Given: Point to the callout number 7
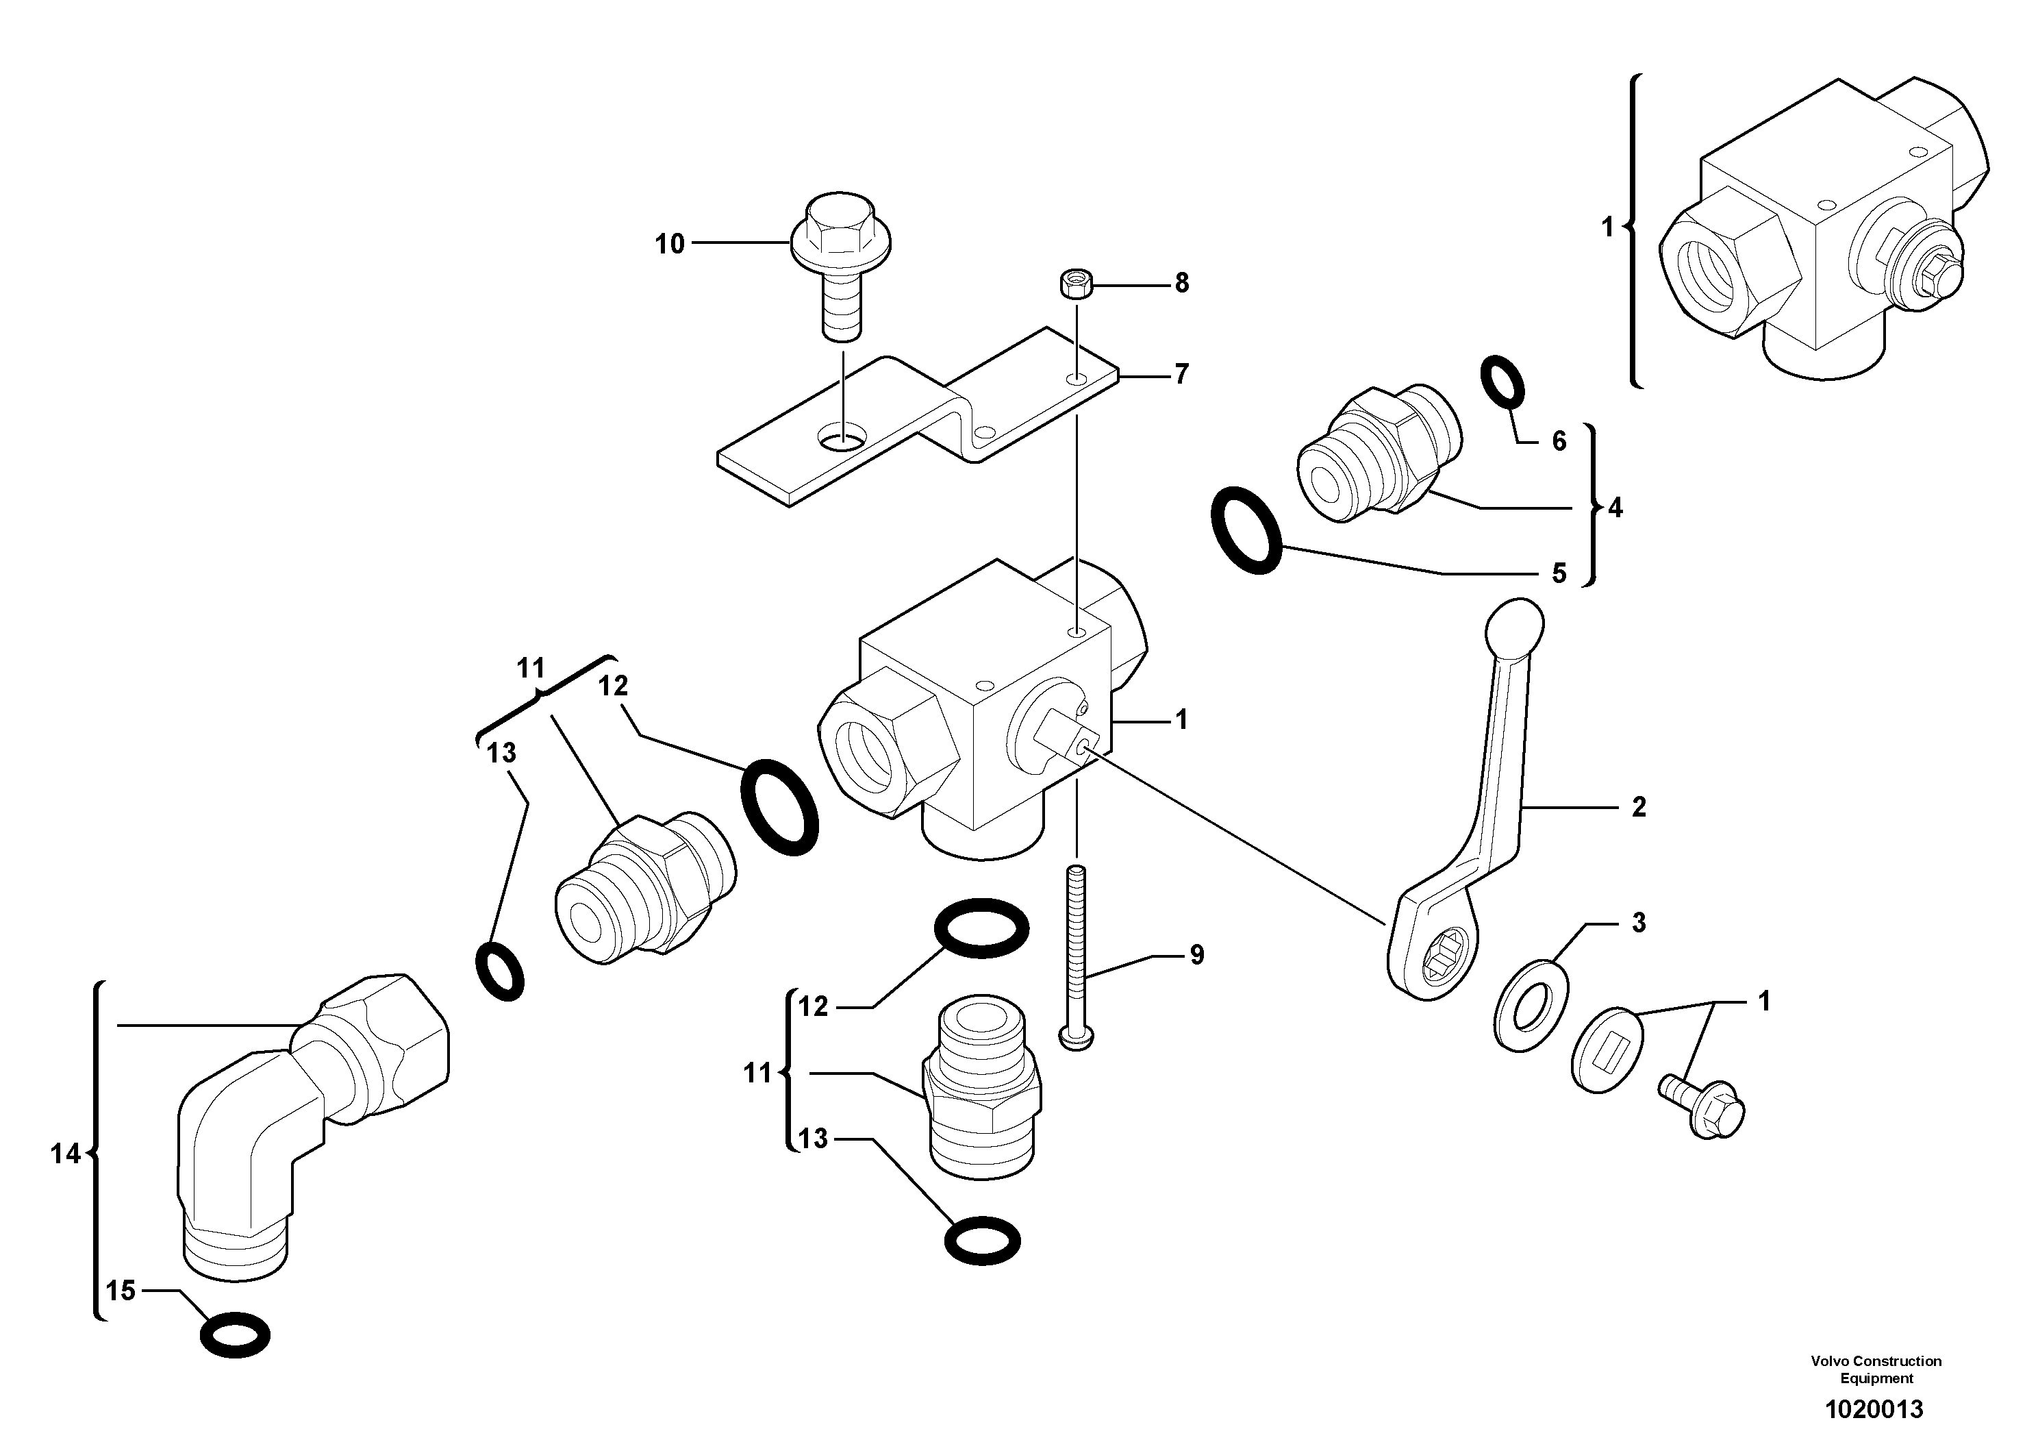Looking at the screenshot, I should pyautogui.click(x=1181, y=375).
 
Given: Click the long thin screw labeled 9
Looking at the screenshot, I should pyautogui.click(x=1077, y=959).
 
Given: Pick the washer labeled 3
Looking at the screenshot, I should pyautogui.click(x=1532, y=1004).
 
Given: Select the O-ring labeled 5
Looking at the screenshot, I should pyautogui.click(x=1246, y=529).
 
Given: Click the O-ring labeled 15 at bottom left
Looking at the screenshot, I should pyautogui.click(x=235, y=1335).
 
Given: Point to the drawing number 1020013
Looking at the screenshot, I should pyautogui.click(x=1873, y=1409).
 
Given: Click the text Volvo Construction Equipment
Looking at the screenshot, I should pyautogui.click(x=1876, y=1369).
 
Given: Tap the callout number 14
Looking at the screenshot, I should pyautogui.click(x=65, y=1154).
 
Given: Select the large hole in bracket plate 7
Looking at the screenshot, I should pyautogui.click(x=842, y=437).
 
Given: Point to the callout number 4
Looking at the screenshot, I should pyautogui.click(x=1615, y=508).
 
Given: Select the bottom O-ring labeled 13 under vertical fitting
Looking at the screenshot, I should pyautogui.click(x=982, y=1239).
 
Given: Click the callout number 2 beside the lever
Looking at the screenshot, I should pyautogui.click(x=1639, y=806).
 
